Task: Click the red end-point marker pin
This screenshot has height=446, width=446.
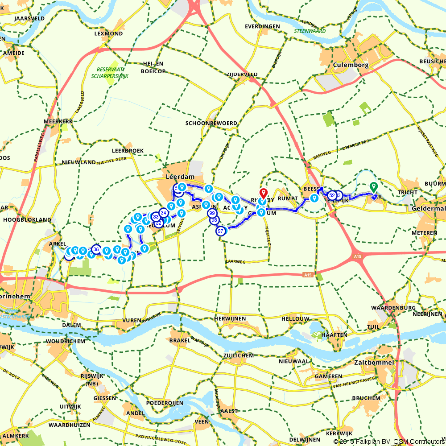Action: (x=263, y=193)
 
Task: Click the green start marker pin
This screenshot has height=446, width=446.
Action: (x=374, y=188)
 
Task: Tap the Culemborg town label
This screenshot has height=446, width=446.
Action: (x=351, y=65)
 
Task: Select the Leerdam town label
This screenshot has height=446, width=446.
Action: (x=181, y=177)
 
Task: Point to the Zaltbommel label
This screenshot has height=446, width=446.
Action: (x=375, y=363)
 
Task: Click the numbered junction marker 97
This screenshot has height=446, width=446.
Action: (x=220, y=231)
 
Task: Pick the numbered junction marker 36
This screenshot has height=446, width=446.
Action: (x=96, y=249)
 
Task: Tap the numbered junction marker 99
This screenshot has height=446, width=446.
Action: (x=212, y=214)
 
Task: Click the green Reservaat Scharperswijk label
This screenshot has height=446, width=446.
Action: (x=112, y=73)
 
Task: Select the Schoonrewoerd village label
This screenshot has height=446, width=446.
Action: (x=211, y=123)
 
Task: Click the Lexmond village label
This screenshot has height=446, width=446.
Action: (x=108, y=33)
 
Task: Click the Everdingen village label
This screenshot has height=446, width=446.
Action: (x=262, y=26)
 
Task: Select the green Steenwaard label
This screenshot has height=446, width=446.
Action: (x=310, y=31)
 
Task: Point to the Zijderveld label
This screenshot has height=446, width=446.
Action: (x=242, y=74)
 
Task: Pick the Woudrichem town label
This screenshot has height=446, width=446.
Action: (x=63, y=341)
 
